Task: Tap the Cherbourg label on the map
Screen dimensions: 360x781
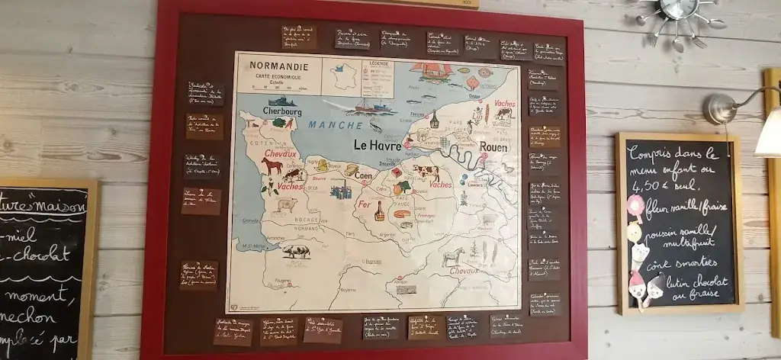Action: [281, 111]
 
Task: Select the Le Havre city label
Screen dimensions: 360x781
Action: [377, 145]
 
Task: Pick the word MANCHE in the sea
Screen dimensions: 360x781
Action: [334, 124]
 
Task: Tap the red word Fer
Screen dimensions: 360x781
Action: [365, 205]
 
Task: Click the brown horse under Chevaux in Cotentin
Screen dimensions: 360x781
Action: [272, 166]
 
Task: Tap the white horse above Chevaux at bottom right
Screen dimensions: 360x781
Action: [452, 256]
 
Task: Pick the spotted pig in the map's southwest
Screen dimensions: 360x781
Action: [296, 250]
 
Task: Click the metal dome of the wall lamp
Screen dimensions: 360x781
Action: [719, 109]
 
